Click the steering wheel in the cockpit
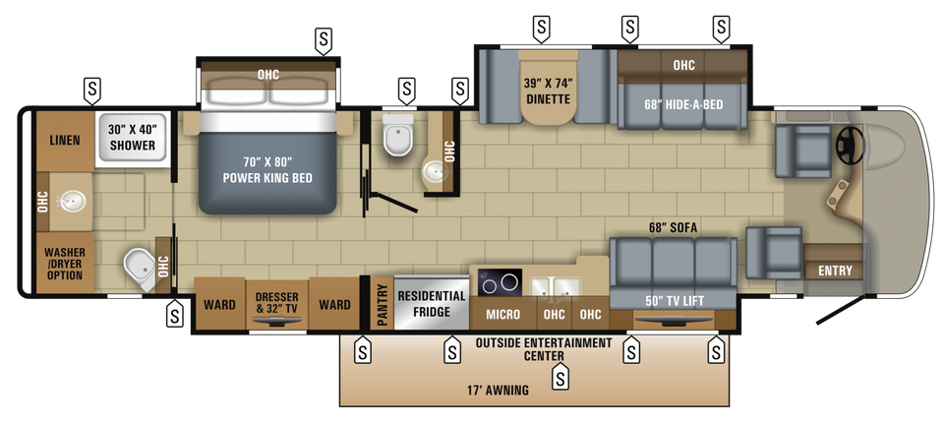pos(850,146)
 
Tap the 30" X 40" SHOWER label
pos(132,137)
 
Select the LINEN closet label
pos(65,140)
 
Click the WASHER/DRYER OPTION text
pos(65,264)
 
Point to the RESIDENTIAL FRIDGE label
pos(431,304)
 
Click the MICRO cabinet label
pos(502,315)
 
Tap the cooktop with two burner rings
pos(500,282)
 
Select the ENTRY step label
pos(835,271)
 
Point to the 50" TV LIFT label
pos(674,301)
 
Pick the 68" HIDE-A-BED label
pos(683,104)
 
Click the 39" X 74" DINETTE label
pos(548,91)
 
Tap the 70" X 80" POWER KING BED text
pos(267,170)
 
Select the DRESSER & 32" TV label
pos(277,303)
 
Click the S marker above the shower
pos(91,90)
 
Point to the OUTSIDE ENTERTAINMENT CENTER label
pos(544,349)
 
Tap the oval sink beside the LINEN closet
pos(72,201)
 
